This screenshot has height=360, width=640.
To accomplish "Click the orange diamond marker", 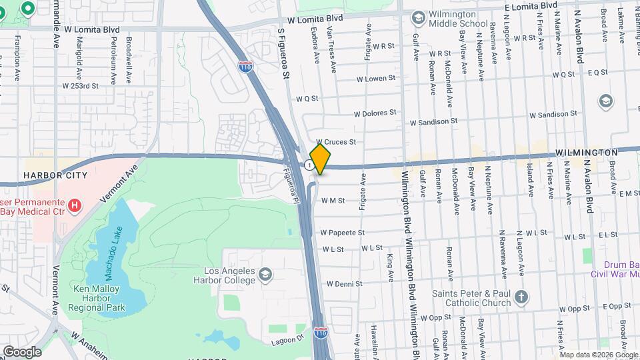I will [321, 159].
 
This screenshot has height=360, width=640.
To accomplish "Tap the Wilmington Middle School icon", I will [419, 17].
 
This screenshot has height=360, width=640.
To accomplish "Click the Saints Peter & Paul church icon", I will [521, 297].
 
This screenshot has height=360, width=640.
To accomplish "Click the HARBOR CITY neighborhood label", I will [55, 175].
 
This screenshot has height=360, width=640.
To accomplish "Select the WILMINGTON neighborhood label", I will [586, 153].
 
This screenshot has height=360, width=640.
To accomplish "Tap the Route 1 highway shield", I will [308, 165].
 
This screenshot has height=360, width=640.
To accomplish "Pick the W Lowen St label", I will [376, 79].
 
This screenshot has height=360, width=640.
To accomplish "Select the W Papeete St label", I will [343, 233].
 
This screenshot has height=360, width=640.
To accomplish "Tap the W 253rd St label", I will [80, 85].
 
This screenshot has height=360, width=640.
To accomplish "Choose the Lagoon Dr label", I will [287, 340].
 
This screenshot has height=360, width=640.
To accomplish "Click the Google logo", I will [22, 351].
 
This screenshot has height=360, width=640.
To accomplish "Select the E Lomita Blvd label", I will [531, 5].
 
